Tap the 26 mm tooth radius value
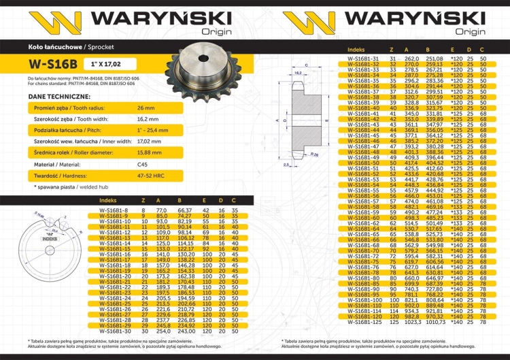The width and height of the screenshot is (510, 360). (146, 108)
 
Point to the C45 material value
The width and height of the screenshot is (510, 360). (142, 165)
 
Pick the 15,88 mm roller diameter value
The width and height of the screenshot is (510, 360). (149, 153)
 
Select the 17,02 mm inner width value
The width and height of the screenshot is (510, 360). (150, 142)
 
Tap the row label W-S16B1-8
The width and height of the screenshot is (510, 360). (114, 211)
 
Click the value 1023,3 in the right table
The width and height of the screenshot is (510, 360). (406, 321)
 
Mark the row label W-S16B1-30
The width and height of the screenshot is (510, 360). (114, 331)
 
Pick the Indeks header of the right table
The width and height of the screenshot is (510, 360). (356, 50)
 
